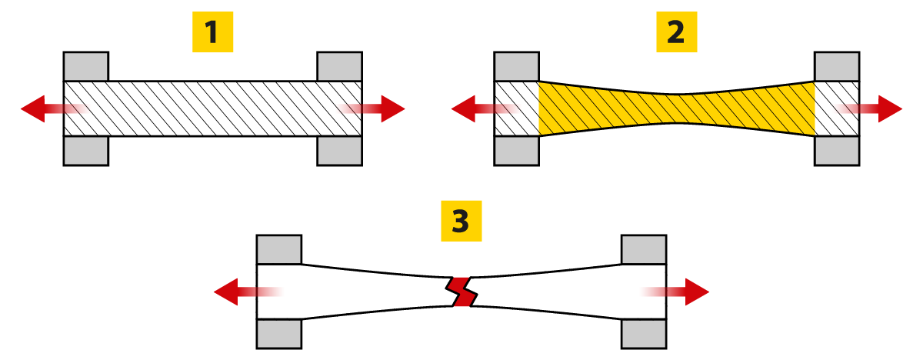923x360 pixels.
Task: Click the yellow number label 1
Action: click(212, 32)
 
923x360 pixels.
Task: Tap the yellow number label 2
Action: click(675, 32)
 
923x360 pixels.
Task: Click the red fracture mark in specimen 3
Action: click(461, 292)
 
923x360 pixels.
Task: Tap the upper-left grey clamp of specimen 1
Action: click(85, 66)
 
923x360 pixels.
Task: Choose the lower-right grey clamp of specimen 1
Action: click(340, 151)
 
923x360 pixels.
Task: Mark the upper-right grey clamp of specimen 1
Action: click(340, 66)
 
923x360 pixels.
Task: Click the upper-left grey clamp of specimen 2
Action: click(516, 66)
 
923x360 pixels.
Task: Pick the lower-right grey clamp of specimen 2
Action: click(837, 151)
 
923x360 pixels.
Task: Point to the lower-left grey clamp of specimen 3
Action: click(278, 333)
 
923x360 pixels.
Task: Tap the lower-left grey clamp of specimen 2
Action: click(516, 151)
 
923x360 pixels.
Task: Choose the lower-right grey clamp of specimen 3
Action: click(644, 333)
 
